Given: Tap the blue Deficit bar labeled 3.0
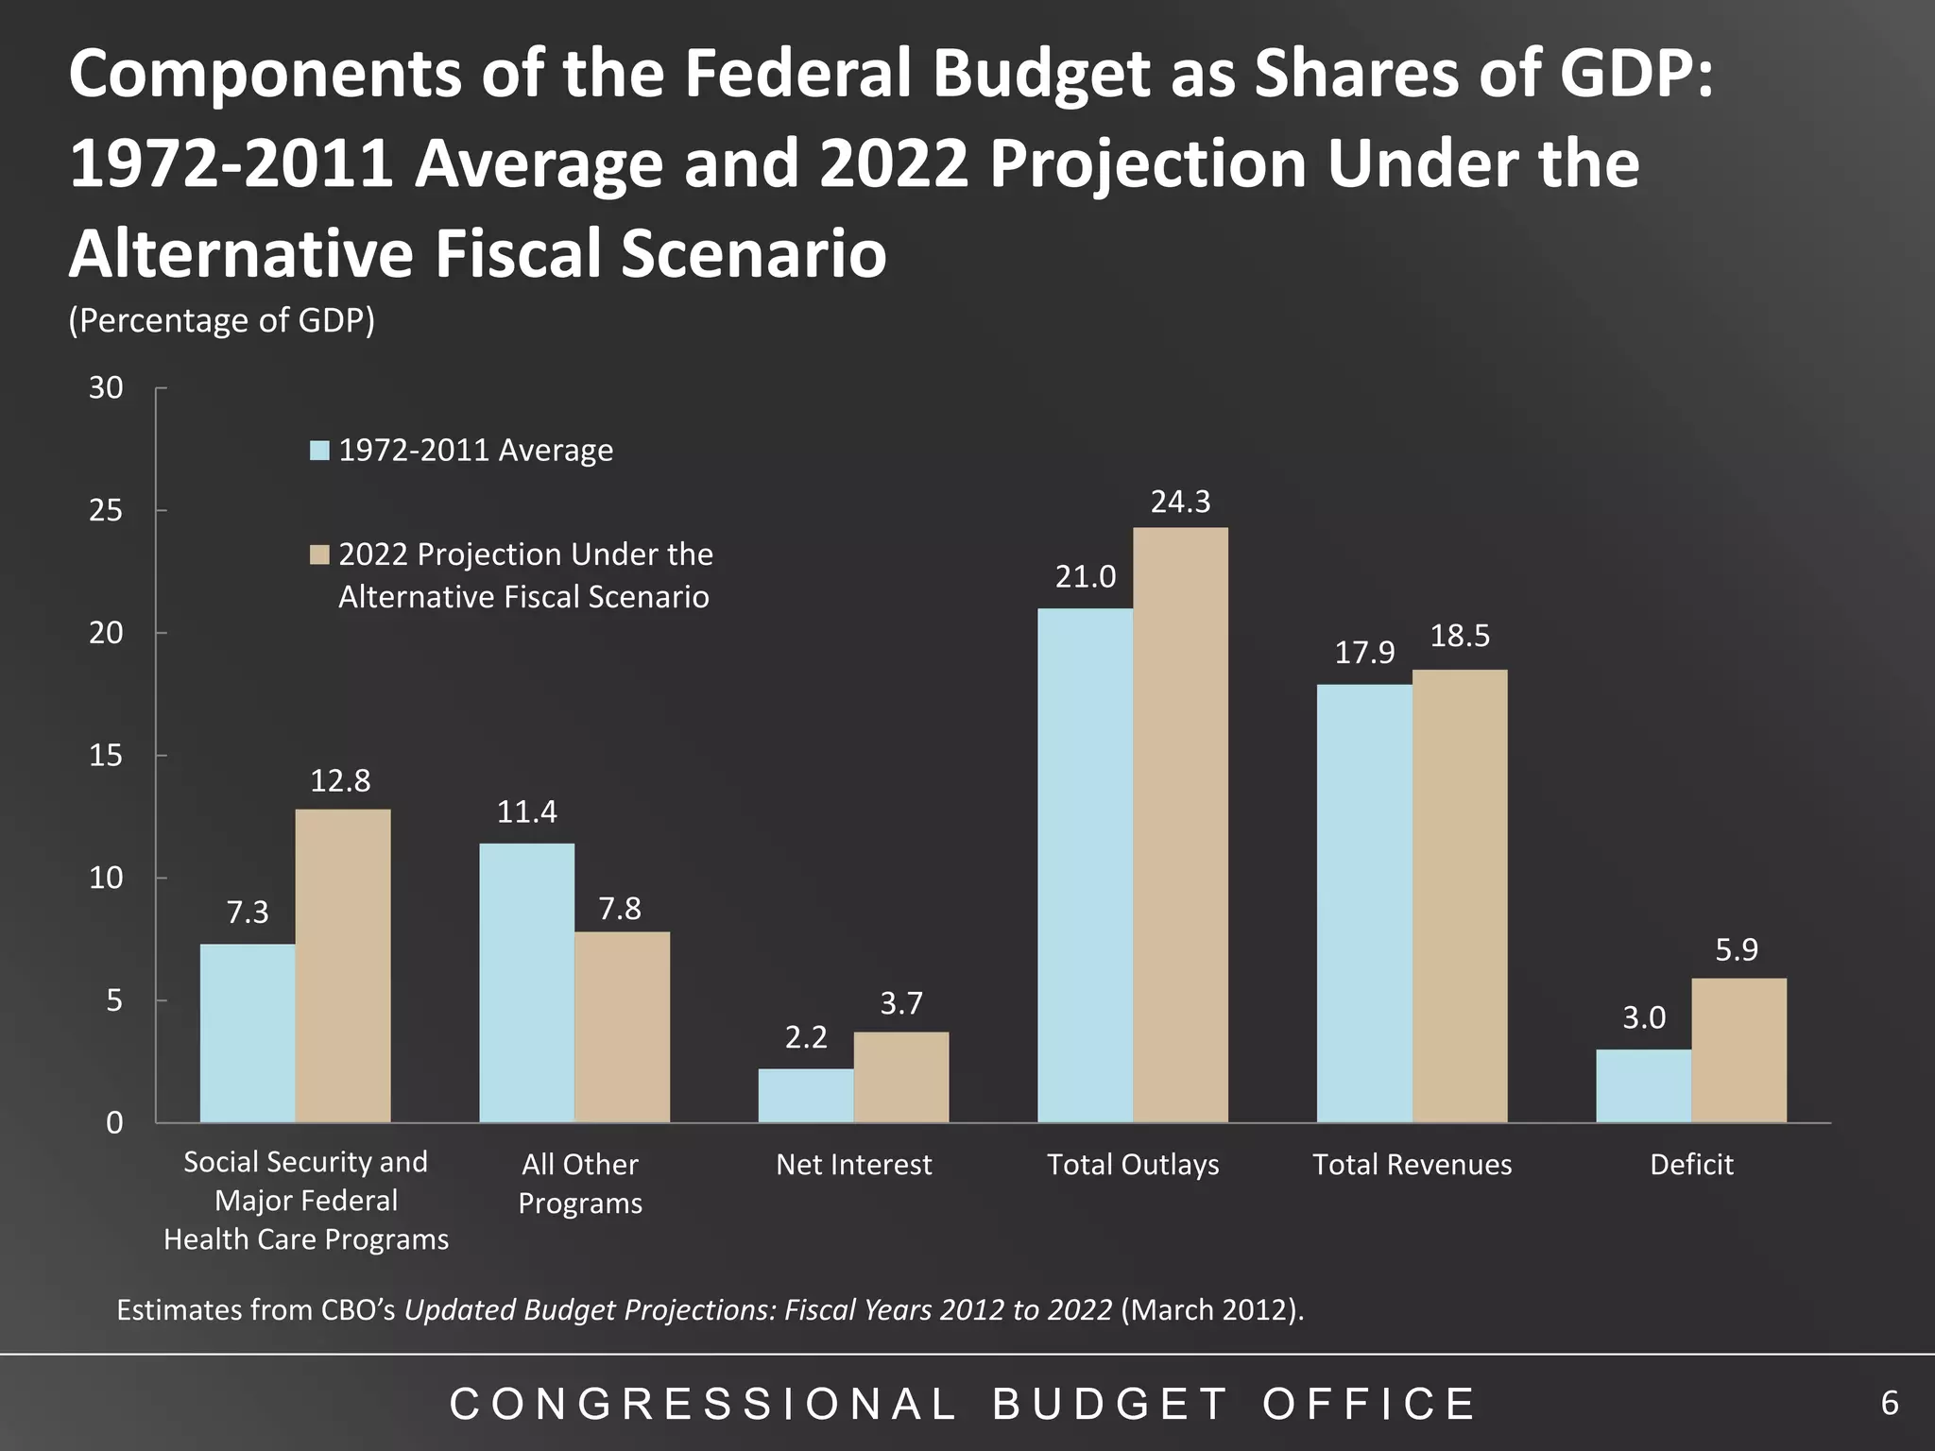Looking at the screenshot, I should point(1643,1085).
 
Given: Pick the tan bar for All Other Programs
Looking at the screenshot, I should point(622,1027).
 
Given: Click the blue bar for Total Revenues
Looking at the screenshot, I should point(1363,903).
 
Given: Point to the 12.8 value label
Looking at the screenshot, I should point(340,781).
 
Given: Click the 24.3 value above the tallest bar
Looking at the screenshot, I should point(1180,502).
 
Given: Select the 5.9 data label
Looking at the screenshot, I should point(1737,949).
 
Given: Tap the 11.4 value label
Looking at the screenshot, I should point(526,812).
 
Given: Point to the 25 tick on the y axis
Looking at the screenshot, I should point(106,511).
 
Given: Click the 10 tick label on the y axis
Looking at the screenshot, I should point(106,879).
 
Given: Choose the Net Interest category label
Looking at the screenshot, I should point(853,1165).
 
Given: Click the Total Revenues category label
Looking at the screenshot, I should point(1412,1165).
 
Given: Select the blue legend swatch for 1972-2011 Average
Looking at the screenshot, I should point(320,451).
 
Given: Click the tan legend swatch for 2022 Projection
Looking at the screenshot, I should point(320,555).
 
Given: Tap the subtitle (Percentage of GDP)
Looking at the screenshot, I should point(221,321).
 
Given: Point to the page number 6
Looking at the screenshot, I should point(1889,1404).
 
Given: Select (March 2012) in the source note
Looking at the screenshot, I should point(1211,1310).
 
